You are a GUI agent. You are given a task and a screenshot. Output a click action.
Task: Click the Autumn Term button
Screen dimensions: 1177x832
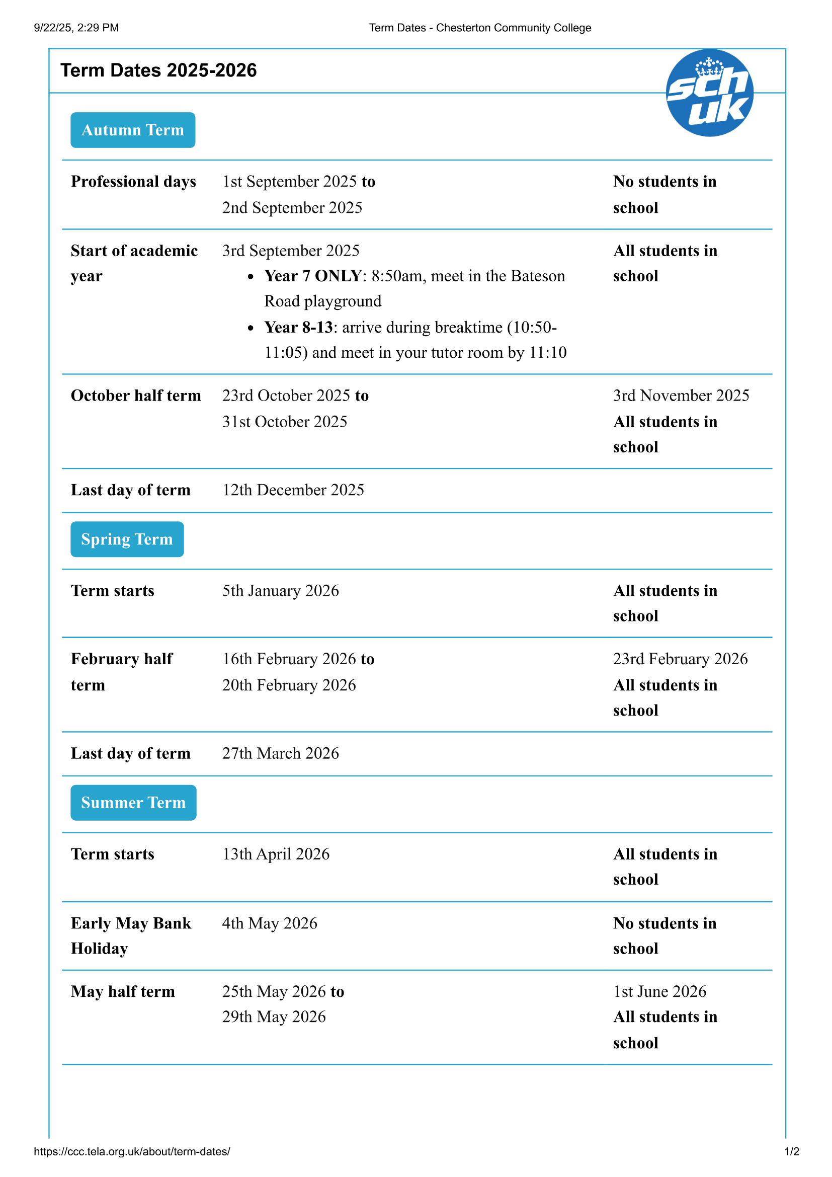tap(133, 130)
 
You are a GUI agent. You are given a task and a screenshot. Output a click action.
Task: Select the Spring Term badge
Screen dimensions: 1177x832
tap(127, 539)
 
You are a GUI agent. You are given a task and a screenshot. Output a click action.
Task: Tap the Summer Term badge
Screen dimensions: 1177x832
tap(133, 803)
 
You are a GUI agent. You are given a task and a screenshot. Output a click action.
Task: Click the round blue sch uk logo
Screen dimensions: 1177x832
tap(709, 93)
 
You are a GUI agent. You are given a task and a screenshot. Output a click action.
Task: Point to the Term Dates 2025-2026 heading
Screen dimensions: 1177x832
tap(158, 70)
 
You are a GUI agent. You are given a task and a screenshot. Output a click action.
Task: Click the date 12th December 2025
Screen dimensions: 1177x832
tap(293, 490)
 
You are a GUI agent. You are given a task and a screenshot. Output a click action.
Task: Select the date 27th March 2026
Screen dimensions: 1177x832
tap(280, 754)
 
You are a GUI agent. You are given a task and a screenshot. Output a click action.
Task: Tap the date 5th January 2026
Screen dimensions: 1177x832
tap(280, 591)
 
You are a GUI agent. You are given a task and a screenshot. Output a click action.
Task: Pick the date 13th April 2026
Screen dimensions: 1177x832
tap(276, 854)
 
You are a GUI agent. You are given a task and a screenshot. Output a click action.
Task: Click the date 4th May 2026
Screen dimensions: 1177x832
tap(270, 923)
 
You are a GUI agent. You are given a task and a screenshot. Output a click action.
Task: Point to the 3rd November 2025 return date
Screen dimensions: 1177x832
tap(681, 396)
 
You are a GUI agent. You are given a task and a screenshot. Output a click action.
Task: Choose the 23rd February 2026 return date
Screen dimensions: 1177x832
tap(681, 659)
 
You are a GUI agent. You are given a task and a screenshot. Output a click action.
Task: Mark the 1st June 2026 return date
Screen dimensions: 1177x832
tap(660, 991)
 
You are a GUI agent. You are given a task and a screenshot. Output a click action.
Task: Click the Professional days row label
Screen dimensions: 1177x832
tap(133, 182)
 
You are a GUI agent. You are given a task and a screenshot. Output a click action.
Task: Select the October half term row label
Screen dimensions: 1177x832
tap(136, 396)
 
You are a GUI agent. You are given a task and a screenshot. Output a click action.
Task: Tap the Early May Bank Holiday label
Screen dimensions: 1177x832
tap(131, 935)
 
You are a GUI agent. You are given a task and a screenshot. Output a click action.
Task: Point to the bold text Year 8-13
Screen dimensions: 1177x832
tap(299, 327)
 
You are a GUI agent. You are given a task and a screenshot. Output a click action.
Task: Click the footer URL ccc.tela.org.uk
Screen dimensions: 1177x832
tap(132, 1151)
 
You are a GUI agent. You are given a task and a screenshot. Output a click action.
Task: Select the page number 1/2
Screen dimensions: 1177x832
tap(792, 1151)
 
